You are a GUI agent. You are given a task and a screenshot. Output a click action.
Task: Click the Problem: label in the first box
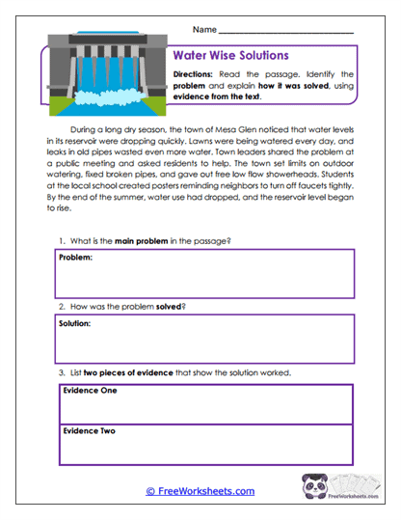pos(75,259)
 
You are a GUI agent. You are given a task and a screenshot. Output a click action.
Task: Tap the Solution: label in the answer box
pos(75,324)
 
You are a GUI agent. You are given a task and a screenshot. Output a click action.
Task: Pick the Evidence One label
pos(89,391)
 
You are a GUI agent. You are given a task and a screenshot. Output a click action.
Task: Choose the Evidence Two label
pos(89,431)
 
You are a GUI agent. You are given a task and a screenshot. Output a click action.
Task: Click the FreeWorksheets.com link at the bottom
pos(200,491)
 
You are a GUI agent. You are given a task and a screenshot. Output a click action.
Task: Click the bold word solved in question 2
pos(169,306)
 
